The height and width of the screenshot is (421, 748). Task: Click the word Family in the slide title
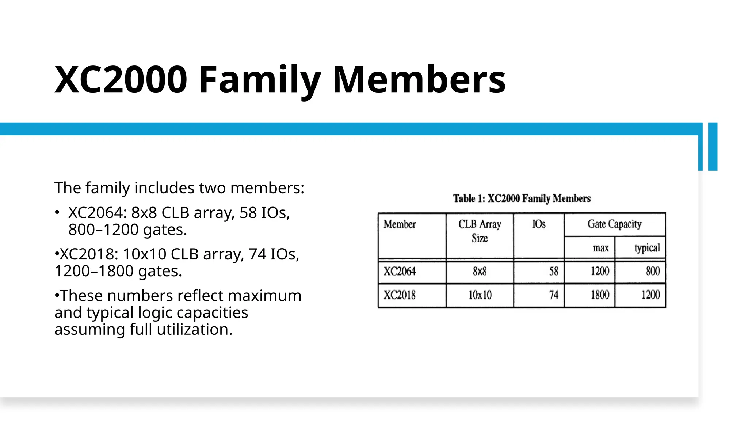[260, 80]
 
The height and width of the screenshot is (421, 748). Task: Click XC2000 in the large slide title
[121, 80]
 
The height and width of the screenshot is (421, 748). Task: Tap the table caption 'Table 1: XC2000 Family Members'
[522, 198]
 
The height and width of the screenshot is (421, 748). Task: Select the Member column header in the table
[400, 224]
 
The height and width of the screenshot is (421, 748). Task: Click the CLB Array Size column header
[480, 231]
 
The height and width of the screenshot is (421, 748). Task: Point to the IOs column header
[539, 224]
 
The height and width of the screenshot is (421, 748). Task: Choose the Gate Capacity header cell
[614, 224]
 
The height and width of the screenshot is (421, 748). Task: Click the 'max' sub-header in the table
[600, 248]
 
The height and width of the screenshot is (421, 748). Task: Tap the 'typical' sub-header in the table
[647, 248]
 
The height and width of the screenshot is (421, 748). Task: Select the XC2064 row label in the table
[400, 271]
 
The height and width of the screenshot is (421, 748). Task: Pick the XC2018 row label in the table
[400, 295]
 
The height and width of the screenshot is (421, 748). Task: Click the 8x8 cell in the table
[480, 271]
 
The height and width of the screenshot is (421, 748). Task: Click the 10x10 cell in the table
[480, 295]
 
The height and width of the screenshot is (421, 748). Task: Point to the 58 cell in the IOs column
[554, 271]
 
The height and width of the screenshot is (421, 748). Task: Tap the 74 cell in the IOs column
[554, 295]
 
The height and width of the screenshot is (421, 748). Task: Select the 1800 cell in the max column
[600, 295]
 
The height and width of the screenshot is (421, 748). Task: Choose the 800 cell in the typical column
[653, 271]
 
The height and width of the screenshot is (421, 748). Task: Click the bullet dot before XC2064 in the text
[57, 212]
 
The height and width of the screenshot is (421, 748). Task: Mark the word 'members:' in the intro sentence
[267, 188]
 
